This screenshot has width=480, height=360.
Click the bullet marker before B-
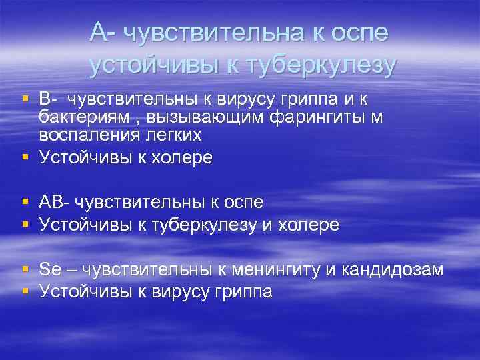click(25, 99)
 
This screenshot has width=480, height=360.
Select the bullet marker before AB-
click(25, 201)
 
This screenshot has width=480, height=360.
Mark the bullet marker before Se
click(25, 269)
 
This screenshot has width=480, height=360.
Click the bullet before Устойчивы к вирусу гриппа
click(25, 291)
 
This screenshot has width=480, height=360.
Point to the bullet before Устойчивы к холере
click(25, 157)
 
